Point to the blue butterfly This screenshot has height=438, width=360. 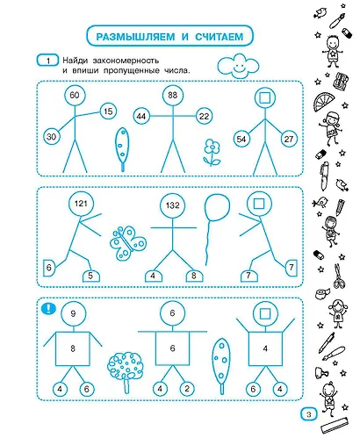(x=128, y=242)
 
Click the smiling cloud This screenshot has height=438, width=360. (x=238, y=66)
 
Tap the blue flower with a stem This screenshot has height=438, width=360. (x=212, y=152)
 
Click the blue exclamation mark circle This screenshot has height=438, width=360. (x=48, y=308)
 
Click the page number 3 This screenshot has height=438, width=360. (x=309, y=414)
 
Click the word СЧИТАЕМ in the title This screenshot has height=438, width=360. (x=220, y=37)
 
